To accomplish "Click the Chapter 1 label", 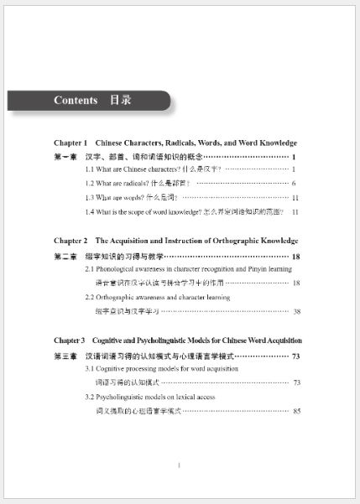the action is (70, 143).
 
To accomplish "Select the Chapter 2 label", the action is (70, 241).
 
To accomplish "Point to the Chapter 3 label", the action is (70, 340).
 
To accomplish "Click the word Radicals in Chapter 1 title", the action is (183, 143).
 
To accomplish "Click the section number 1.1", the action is (90, 169).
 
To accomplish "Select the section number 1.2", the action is (90, 183).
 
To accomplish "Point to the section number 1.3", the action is (90, 197).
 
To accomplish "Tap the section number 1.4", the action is (90, 211).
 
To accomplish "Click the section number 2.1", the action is (90, 269).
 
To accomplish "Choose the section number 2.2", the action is (90, 297).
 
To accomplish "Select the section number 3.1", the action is (90, 368).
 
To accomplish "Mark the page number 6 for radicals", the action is (294, 183).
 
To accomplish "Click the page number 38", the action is (296, 311).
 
